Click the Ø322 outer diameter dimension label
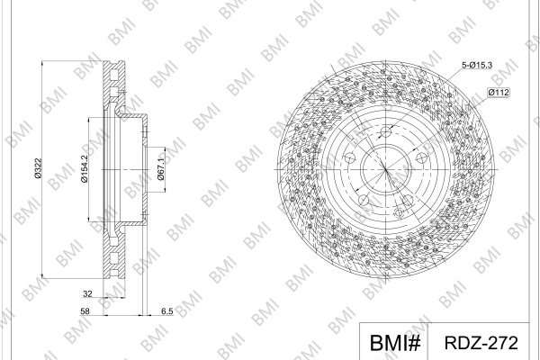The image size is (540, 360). tap(38, 168)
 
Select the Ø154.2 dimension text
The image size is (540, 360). tap(85, 168)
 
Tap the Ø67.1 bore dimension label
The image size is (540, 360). tap(160, 169)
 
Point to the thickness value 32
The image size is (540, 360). tap(87, 294)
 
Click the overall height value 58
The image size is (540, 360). tap(85, 311)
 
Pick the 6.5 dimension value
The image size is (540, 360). tap(167, 311)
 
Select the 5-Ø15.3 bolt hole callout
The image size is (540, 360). tap(477, 65)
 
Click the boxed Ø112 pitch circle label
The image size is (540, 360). tap(499, 93)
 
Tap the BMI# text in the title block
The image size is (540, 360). tap(395, 343)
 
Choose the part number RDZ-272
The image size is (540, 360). tap(481, 343)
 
